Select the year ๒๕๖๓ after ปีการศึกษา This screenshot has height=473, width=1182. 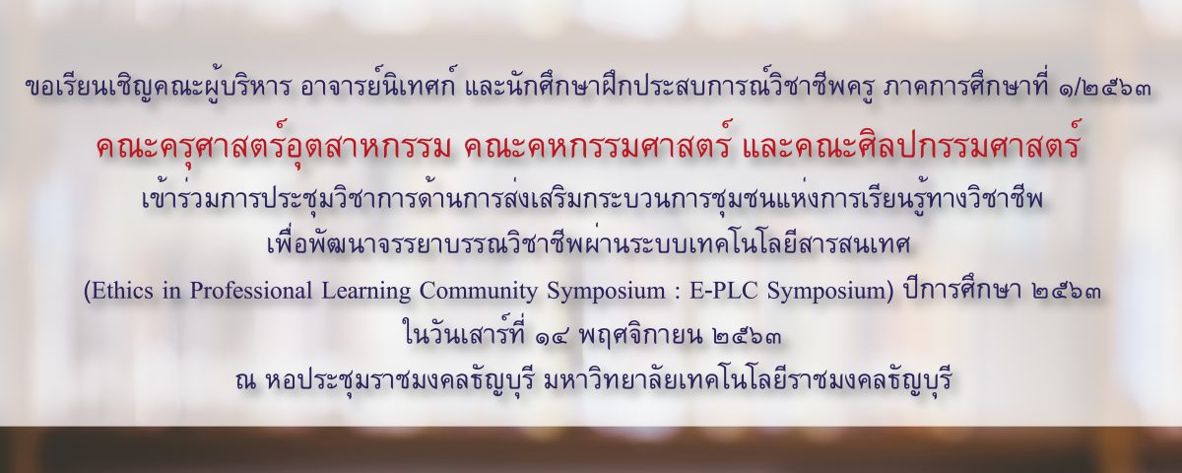1065,292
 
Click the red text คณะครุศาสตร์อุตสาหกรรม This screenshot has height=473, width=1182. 275,147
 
